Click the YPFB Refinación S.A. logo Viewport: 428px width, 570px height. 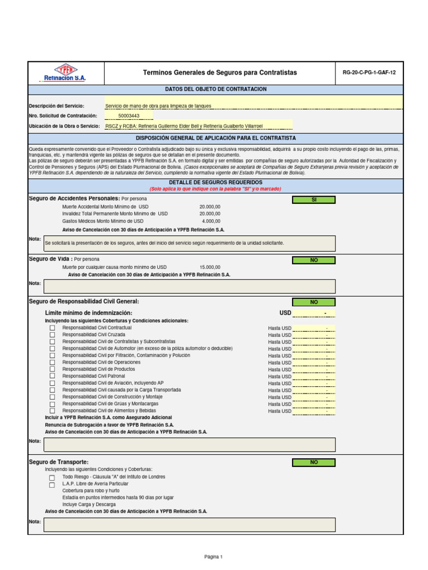(x=65, y=72)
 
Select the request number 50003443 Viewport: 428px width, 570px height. (x=129, y=116)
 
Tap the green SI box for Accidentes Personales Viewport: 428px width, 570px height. (x=314, y=199)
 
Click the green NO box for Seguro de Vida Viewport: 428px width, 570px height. (x=314, y=260)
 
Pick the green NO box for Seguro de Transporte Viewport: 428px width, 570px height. (x=314, y=462)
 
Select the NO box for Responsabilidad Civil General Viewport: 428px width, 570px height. (x=314, y=302)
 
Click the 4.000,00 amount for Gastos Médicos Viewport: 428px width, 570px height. (x=211, y=221)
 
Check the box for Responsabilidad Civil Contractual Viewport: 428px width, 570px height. (x=52, y=328)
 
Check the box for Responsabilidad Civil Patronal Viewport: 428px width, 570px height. (x=52, y=376)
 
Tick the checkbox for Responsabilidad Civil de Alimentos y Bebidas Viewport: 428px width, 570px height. (x=52, y=411)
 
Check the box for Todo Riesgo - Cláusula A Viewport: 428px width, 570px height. (x=52, y=478)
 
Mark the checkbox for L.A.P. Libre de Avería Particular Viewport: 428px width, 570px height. (x=52, y=485)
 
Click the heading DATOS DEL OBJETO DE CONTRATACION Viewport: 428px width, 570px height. (x=216, y=89)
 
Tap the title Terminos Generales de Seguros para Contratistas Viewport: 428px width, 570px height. (x=220, y=72)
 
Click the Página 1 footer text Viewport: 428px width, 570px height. (x=213, y=557)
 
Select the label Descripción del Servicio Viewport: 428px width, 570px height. (x=56, y=106)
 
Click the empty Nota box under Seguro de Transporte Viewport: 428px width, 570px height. (x=189, y=524)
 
